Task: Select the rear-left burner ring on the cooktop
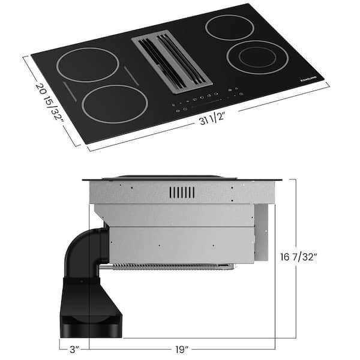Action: pos(88,64)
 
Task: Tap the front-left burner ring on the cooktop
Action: pos(115,104)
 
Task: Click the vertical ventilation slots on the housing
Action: pos(182,192)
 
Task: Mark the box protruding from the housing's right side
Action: pos(261,231)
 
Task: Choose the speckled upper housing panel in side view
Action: pos(180,192)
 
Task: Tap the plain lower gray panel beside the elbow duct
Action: pos(180,245)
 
